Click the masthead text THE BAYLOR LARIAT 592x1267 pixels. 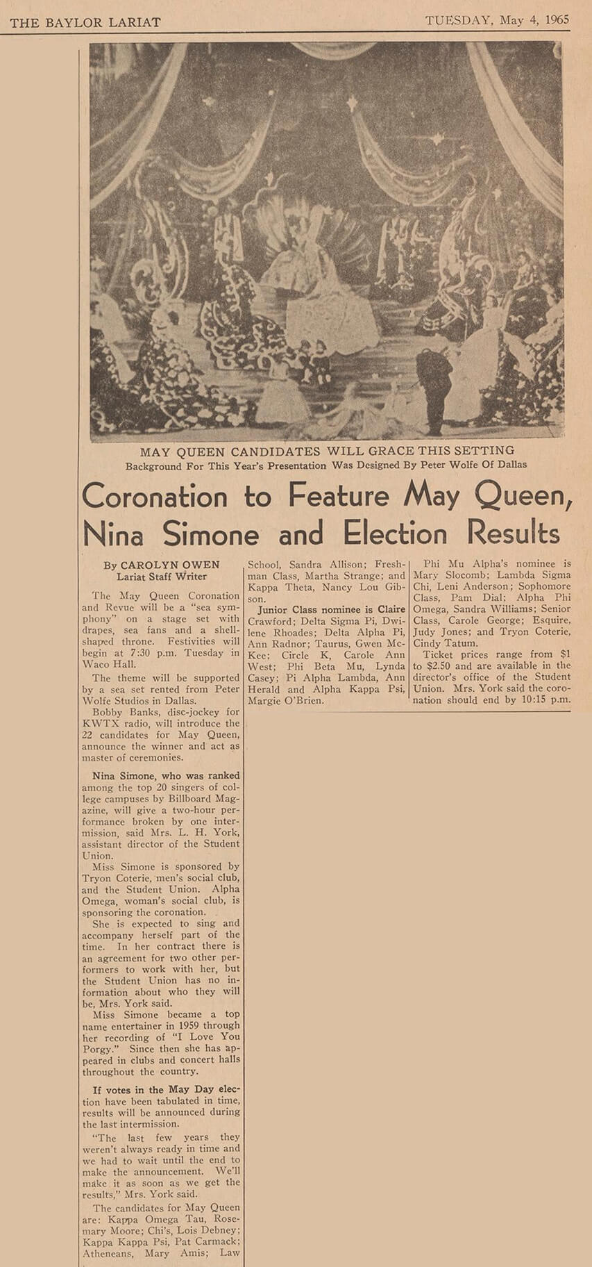(x=85, y=22)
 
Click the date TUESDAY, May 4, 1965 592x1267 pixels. (x=497, y=20)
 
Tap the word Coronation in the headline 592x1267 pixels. (x=155, y=497)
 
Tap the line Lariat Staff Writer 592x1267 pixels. (x=162, y=576)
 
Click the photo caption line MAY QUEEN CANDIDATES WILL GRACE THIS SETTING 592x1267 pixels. (x=327, y=451)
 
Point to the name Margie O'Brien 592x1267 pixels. (x=285, y=701)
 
